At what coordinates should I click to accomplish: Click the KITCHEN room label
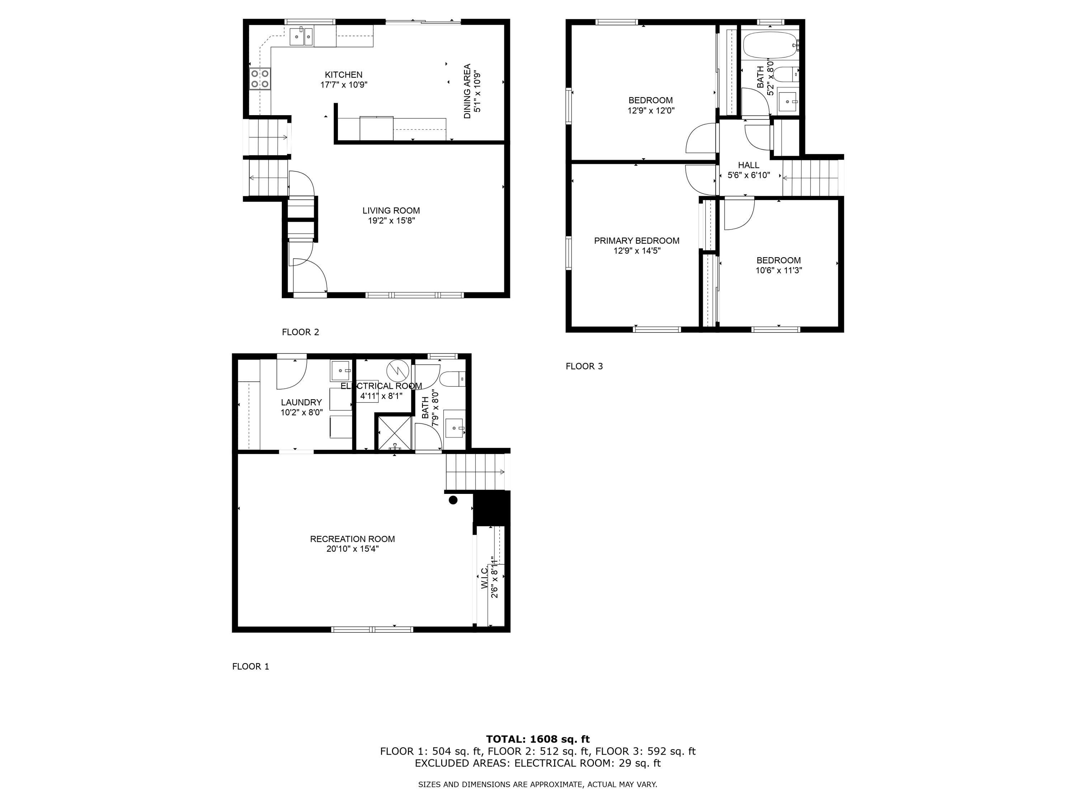point(344,75)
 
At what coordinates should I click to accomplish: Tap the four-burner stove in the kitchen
point(260,79)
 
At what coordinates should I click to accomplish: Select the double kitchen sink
point(302,37)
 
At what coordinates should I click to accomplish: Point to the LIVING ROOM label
point(391,211)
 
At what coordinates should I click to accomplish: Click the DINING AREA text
point(467,91)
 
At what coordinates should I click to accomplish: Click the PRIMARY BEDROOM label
point(637,241)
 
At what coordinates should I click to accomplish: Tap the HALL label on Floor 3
point(749,165)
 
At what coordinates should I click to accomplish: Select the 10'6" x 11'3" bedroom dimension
point(778,270)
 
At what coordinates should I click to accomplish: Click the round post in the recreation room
point(453,500)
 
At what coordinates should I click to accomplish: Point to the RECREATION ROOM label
point(353,539)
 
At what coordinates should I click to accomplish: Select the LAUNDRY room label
point(302,402)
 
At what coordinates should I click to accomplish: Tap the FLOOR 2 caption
point(301,332)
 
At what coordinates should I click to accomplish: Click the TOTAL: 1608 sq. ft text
point(538,739)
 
